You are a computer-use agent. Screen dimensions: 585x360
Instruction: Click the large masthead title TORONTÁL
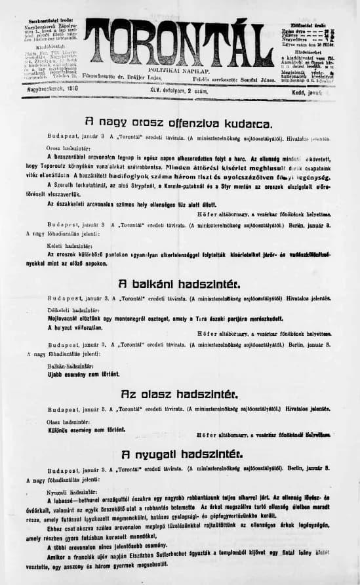point(179,41)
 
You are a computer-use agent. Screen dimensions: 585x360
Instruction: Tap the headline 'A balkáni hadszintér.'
point(179,285)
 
